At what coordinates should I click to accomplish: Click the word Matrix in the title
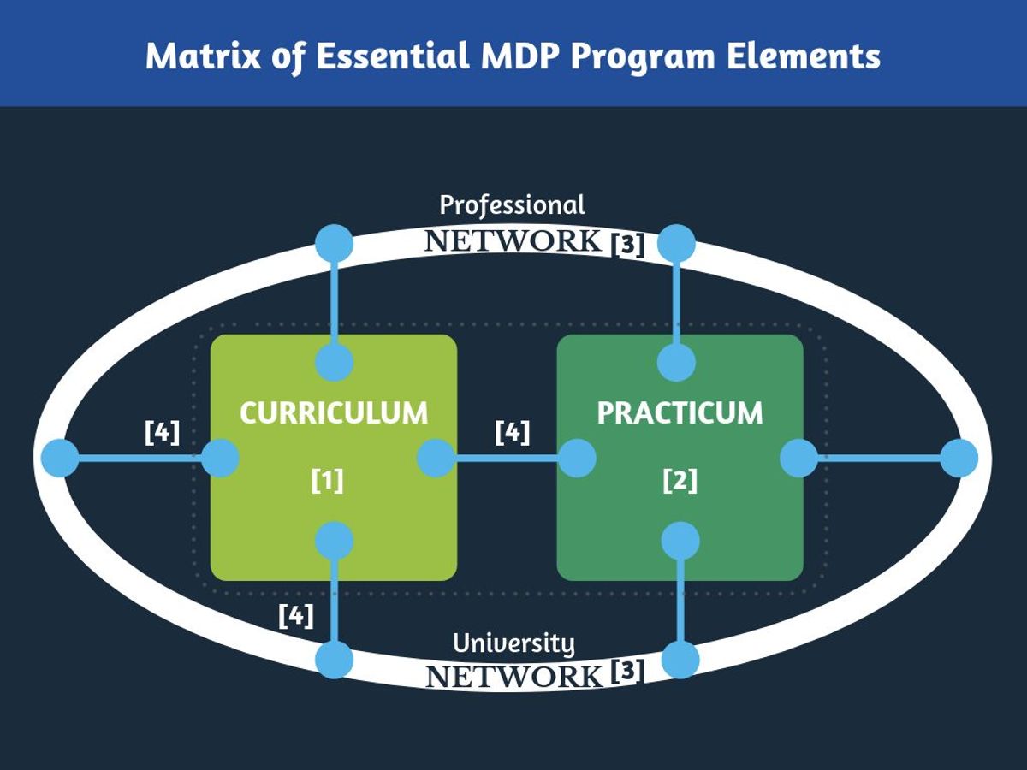(x=203, y=56)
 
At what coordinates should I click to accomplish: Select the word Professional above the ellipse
(x=512, y=205)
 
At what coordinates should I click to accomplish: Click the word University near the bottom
(x=513, y=644)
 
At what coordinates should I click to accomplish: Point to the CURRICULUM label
(x=334, y=413)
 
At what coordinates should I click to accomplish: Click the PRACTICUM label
(x=680, y=413)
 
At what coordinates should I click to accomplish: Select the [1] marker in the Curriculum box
(x=328, y=481)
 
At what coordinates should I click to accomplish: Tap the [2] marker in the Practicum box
(x=680, y=481)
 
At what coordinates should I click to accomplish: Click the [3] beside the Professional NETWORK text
(x=628, y=245)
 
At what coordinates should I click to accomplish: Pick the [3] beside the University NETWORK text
(x=628, y=671)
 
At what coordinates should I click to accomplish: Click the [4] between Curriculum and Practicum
(x=513, y=432)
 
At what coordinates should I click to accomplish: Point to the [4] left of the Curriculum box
(x=162, y=432)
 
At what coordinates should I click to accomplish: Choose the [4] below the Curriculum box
(x=296, y=616)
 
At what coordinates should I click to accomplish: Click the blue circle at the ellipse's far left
(x=61, y=459)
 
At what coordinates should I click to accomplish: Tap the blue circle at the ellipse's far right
(x=959, y=459)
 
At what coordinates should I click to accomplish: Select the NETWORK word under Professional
(x=513, y=241)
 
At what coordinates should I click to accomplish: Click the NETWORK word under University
(x=513, y=677)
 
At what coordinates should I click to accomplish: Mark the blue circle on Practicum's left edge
(x=578, y=459)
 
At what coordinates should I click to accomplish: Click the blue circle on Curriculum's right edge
(x=436, y=459)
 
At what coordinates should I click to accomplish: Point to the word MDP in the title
(x=519, y=56)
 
